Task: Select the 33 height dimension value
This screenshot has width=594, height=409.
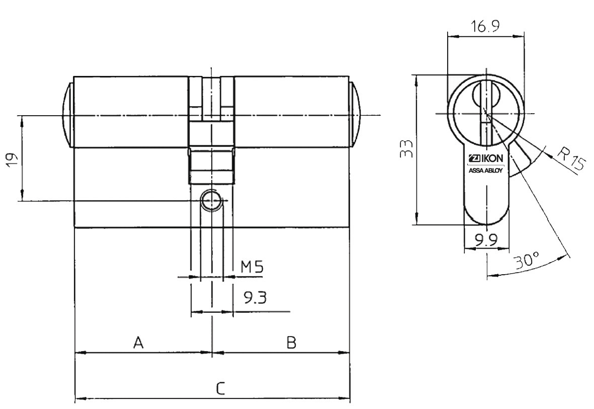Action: pos(406,149)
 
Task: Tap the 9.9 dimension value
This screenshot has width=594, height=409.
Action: pos(486,239)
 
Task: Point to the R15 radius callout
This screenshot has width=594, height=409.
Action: pos(571,158)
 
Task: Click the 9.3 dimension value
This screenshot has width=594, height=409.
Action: pos(254,298)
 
